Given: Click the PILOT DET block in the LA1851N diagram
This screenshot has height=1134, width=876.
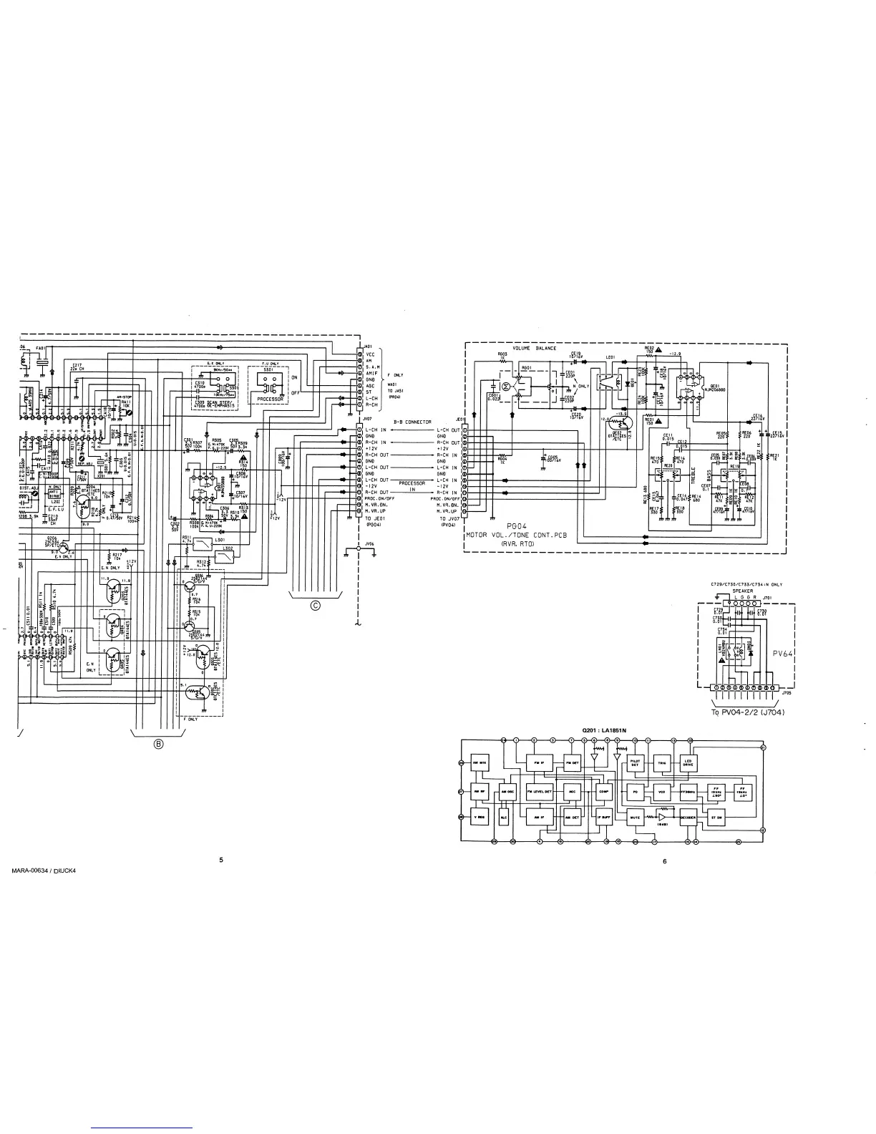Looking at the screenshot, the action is click(x=635, y=763).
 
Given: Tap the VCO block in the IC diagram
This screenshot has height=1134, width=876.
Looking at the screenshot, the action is click(x=661, y=792).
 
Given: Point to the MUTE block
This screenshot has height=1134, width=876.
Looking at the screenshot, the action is click(x=635, y=817).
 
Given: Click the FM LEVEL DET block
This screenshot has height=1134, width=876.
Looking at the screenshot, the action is click(x=539, y=792).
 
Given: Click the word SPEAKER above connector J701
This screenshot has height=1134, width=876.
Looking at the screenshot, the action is click(x=742, y=591).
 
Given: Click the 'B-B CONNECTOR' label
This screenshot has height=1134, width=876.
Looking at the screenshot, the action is click(x=413, y=422).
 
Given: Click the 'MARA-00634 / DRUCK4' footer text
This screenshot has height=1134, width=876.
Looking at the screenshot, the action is click(x=44, y=871).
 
